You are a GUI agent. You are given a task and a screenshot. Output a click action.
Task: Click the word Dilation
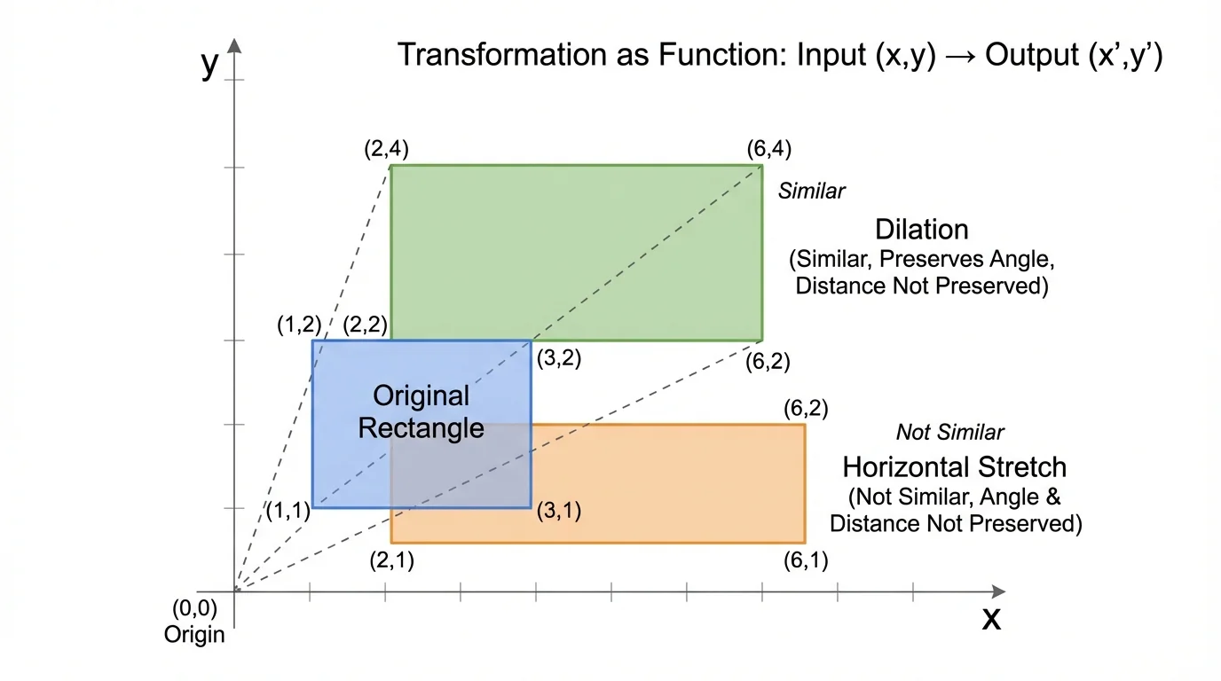(x=922, y=230)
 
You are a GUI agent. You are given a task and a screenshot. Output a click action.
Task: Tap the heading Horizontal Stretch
(x=955, y=466)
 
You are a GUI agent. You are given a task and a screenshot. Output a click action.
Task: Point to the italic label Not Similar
(x=949, y=433)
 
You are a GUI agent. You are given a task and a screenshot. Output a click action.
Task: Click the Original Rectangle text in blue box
(x=421, y=412)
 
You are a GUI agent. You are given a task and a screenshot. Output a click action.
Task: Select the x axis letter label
(x=991, y=618)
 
